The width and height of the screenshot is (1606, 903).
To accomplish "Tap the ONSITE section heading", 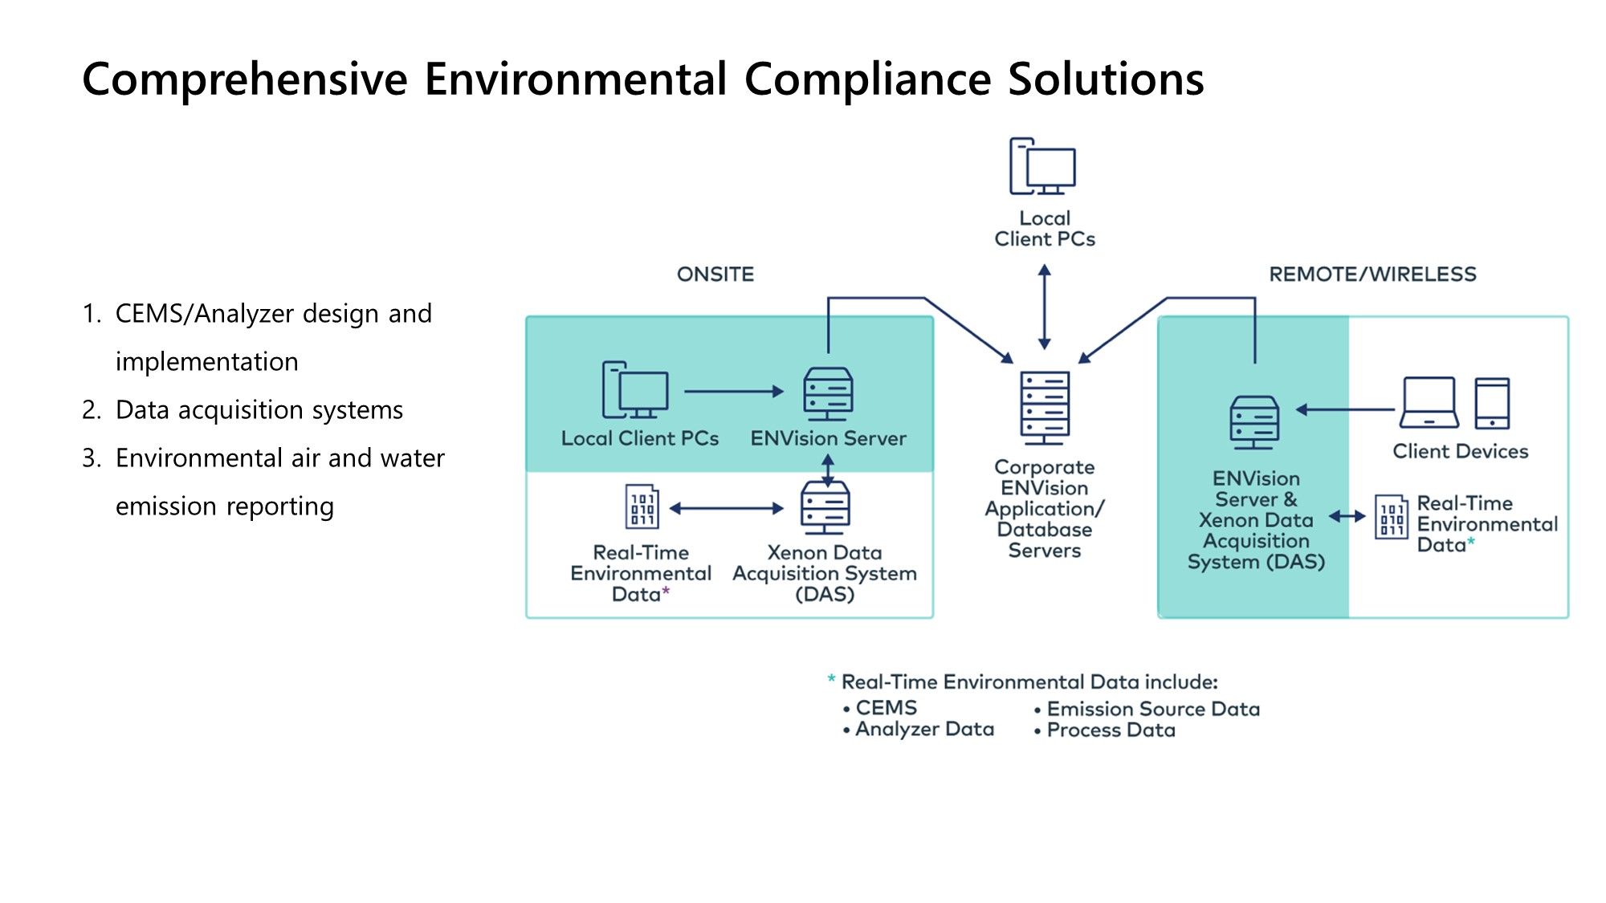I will click(x=715, y=275).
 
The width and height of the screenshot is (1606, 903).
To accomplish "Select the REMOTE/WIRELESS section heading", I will click(x=1372, y=275).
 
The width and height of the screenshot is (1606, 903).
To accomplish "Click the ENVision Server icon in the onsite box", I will click(x=828, y=393).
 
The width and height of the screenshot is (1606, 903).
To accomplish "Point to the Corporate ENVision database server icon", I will click(x=1044, y=407).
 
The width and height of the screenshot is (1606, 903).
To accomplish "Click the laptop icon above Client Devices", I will click(x=1429, y=403).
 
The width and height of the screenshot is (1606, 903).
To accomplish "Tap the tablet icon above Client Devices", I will click(x=1492, y=403).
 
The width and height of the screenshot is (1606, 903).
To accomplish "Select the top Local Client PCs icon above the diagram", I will click(x=1042, y=166).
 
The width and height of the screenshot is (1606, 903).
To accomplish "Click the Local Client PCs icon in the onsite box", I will click(x=635, y=390).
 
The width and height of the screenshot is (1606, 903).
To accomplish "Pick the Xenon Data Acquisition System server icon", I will click(x=825, y=507).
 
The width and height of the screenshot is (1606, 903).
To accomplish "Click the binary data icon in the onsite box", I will click(x=642, y=506).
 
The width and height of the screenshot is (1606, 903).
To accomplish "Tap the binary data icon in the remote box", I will click(x=1391, y=517).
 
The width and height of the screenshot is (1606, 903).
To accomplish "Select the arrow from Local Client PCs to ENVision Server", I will click(x=733, y=392).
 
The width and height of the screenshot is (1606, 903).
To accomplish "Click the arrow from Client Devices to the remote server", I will click(x=1345, y=409).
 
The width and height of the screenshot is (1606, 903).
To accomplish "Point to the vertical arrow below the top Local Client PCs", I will click(x=1044, y=307).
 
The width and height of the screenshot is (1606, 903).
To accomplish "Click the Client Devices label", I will click(x=1460, y=451).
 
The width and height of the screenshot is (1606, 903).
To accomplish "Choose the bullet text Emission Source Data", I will click(x=1153, y=709).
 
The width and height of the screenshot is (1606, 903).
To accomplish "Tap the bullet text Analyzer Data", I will click(x=924, y=729).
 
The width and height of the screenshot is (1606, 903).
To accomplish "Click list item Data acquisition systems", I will click(x=259, y=410).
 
